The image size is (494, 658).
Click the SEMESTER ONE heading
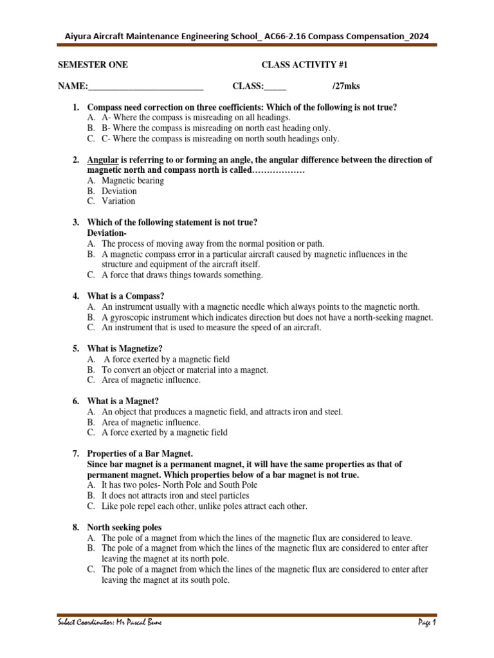93,65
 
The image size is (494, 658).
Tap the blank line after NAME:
145,87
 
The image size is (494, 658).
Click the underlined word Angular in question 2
102,159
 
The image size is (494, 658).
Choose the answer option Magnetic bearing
133,181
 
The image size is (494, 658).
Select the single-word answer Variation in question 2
118,201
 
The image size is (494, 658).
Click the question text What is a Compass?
126,296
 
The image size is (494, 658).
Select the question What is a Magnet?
123,401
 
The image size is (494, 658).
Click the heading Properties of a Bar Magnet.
140,454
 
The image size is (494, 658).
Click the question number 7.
75,454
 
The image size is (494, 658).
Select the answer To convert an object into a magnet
185,369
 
